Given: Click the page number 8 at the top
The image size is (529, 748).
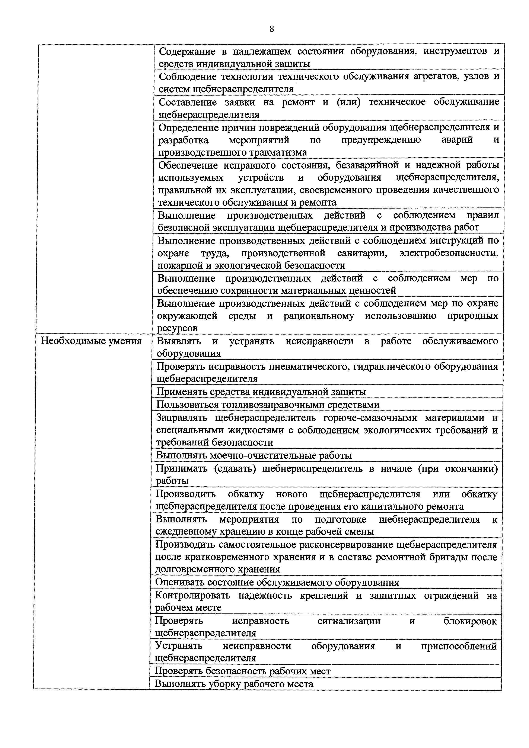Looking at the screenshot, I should [x=271, y=29].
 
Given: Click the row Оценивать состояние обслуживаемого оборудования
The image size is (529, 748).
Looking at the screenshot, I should [x=277, y=583].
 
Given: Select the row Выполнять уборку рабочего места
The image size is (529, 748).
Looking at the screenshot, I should [x=234, y=684].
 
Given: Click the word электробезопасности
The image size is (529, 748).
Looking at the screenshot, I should [x=449, y=253].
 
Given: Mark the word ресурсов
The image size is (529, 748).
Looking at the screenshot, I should [x=177, y=328].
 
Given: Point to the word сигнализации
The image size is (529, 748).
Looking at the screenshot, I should [x=349, y=621].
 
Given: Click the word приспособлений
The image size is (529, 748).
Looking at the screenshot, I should [x=459, y=646].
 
